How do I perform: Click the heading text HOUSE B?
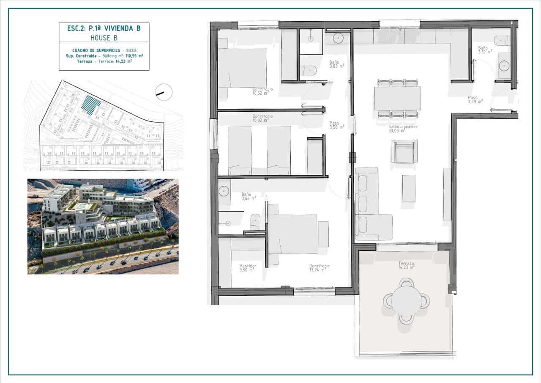tap(104, 38)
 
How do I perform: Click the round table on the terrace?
tap(406, 301)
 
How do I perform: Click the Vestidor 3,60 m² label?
tap(248, 267)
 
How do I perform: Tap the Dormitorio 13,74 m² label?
tap(319, 267)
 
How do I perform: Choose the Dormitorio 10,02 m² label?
tap(262, 118)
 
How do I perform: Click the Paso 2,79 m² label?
tap(475, 100)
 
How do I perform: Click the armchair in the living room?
tap(404, 152)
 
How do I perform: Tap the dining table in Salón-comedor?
tap(397, 98)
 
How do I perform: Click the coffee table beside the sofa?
tap(409, 188)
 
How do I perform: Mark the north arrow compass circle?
tap(164, 92)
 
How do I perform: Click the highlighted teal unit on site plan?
tap(90, 105)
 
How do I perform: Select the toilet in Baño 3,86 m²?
tap(255, 222)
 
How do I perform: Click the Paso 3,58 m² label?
tap(337, 125)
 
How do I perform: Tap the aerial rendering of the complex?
tap(103, 226)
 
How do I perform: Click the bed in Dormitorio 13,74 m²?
tap(292, 234)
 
